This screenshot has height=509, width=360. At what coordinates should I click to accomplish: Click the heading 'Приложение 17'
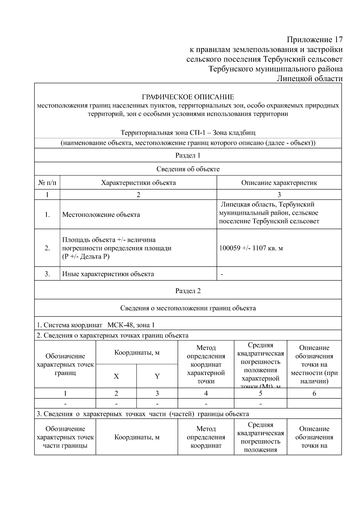point(314,40)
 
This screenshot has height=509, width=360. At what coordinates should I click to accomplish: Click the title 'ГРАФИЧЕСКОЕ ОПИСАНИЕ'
point(188,97)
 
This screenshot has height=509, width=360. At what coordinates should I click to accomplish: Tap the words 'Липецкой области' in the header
point(309,79)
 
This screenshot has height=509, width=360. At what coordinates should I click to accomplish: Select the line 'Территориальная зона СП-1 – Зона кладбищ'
point(188,133)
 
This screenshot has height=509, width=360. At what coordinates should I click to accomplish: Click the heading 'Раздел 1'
point(188,155)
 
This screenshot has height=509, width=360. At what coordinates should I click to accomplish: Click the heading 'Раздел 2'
point(188,291)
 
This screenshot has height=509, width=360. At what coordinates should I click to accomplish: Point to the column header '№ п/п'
point(47,183)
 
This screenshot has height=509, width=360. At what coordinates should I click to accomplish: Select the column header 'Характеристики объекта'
point(138,183)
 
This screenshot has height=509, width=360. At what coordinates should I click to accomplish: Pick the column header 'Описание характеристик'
point(279,183)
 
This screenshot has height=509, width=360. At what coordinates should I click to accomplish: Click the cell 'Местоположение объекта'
point(101,215)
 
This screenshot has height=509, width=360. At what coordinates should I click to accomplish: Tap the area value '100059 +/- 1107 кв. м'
point(251,248)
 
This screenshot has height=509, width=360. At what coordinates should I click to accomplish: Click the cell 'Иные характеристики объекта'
point(108,274)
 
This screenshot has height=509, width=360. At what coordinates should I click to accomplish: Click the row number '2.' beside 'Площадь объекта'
point(47,248)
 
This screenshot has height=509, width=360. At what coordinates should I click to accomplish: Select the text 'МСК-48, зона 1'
point(131,325)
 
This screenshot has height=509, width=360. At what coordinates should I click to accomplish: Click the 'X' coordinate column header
point(116,376)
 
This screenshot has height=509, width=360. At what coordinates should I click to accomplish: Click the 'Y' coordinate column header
point(157,376)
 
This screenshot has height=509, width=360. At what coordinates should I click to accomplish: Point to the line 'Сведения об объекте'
point(188,169)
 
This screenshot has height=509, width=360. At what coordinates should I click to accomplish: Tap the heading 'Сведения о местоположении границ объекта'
point(188,308)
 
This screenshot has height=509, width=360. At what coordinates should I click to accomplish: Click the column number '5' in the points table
point(260,394)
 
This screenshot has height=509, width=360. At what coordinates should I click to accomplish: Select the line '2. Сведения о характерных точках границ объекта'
point(112,335)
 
